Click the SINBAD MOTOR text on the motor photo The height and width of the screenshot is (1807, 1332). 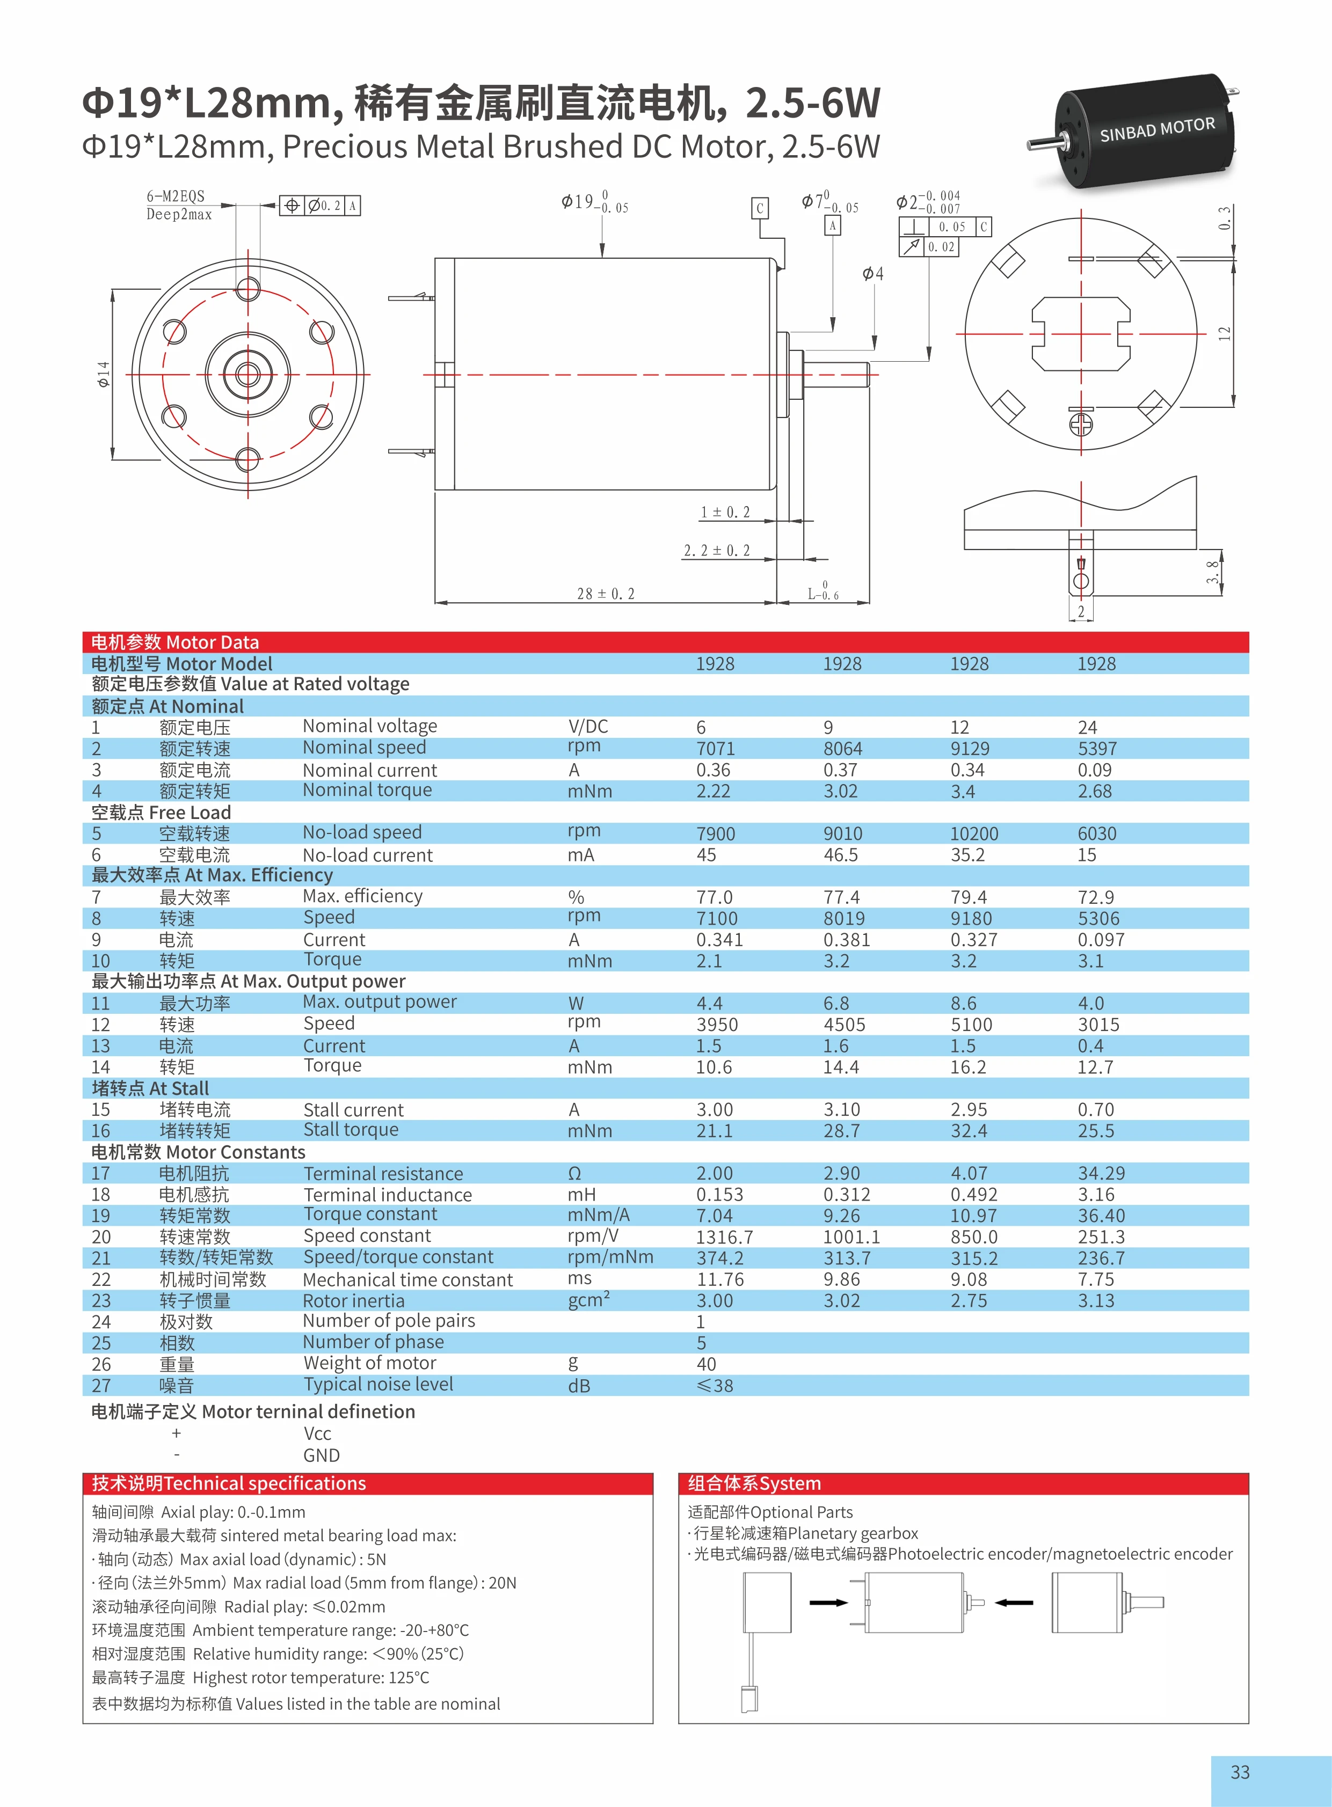pos(1156,129)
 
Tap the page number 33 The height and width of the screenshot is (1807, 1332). pos(1239,1772)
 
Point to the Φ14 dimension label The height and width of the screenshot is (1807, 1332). pos(103,374)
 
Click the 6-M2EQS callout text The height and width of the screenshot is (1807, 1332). pos(175,196)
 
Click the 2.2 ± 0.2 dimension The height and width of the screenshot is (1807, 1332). pos(716,551)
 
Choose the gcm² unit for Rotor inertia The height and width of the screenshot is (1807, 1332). pos(588,1300)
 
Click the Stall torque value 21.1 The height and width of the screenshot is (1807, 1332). pos(715,1130)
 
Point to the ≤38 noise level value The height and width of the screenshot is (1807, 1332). pos(715,1386)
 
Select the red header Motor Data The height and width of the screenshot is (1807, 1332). pos(175,642)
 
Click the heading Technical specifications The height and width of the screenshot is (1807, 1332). pos(229,1483)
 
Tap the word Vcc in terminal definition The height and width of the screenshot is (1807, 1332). pos(318,1433)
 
